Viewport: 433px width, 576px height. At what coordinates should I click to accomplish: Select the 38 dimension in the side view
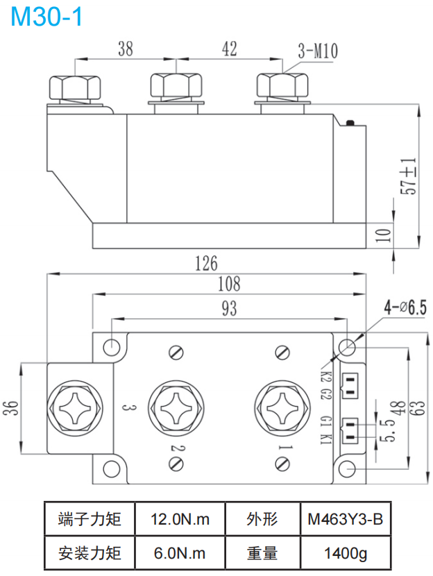click(125, 49)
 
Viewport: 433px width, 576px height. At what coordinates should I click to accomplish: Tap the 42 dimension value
click(230, 49)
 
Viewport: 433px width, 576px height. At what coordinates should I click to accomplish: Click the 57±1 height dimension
click(409, 176)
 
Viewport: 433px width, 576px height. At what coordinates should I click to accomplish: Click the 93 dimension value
click(228, 310)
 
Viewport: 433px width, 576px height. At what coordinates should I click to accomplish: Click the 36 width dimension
click(10, 407)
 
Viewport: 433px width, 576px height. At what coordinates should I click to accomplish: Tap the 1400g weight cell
click(346, 553)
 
